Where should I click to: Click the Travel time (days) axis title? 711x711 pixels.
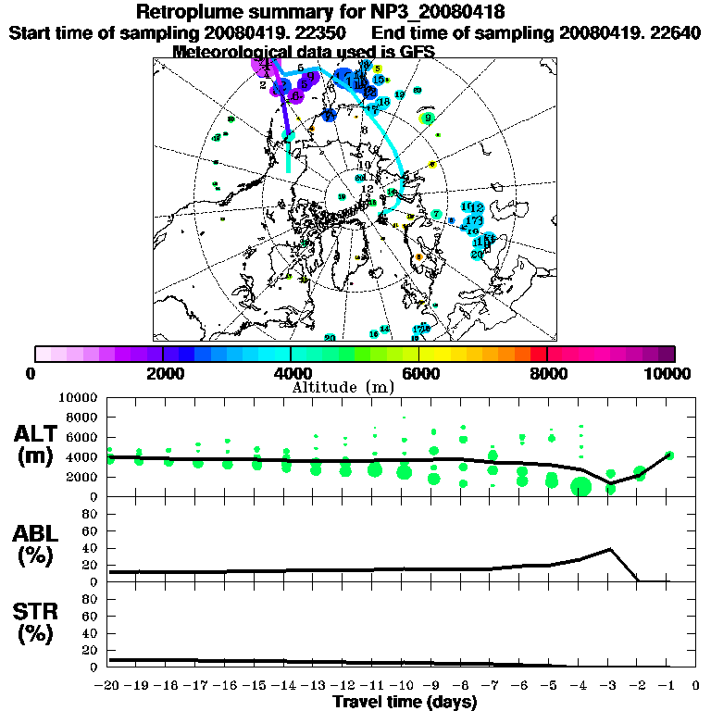[405, 702]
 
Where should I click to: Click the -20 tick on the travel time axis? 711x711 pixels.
[107, 686]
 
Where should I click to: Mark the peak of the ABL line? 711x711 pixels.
[610, 549]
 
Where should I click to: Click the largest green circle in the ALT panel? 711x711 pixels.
[581, 487]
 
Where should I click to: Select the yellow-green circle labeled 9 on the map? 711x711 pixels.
[427, 118]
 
